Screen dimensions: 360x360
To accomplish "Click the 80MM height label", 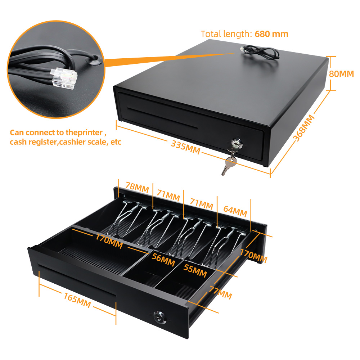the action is point(341,74).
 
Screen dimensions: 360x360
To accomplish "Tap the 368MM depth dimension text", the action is point(304,128).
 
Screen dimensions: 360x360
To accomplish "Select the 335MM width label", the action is point(185,147).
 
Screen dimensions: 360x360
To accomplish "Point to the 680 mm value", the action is point(271,34).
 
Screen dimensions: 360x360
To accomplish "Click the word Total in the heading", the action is point(211,34).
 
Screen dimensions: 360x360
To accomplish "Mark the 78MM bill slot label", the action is point(137,187).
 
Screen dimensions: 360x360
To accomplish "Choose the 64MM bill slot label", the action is point(235,211).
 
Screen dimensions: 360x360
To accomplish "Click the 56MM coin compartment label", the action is point(163,260).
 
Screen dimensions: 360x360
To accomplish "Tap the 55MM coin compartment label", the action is point(195,270).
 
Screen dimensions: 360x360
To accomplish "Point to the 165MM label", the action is point(77,300).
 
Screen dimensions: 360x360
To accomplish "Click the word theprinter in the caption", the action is point(84,132).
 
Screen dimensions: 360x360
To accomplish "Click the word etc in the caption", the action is point(116,142).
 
